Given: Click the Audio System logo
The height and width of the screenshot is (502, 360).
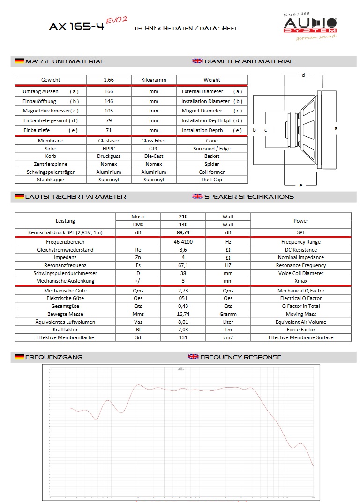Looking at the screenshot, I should click(309, 27).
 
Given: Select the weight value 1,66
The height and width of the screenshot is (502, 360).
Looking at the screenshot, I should click(109, 80).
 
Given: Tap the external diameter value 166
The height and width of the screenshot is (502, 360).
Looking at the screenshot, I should click(109, 91).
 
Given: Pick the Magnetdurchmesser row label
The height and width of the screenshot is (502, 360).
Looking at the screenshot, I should click(51, 111).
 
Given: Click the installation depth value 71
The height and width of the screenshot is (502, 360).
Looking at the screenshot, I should click(109, 130).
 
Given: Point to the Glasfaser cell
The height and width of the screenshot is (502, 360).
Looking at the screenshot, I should click(109, 141).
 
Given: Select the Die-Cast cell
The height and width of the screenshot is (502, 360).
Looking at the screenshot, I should click(154, 156).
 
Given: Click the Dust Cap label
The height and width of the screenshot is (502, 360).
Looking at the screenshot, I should click(212, 180).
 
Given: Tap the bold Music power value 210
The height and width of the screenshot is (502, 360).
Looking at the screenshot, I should click(183, 217).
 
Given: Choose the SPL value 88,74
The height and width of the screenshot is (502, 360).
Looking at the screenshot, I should click(183, 232).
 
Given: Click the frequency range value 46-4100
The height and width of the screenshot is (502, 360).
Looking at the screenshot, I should click(183, 242).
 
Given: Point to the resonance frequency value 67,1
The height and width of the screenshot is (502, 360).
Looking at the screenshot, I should click(183, 265).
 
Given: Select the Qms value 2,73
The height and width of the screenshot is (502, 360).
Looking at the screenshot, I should click(183, 291).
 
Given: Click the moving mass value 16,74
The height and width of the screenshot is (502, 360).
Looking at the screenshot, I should click(183, 314).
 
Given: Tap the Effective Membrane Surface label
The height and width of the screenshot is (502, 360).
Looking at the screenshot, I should click(301, 337).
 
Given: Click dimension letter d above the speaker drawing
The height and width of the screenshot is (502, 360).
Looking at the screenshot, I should click(303, 75).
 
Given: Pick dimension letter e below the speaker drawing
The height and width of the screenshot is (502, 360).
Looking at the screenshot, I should click(301, 185).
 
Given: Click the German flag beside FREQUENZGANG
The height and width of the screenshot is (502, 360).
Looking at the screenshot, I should click(19, 357).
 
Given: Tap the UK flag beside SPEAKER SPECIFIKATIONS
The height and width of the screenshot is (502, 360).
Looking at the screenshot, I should click(197, 196).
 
